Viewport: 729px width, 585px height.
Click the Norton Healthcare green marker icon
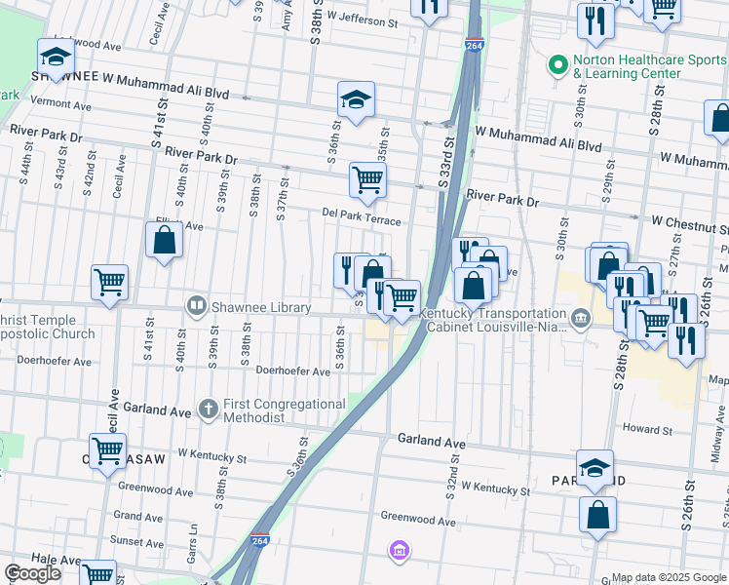pos(558,66)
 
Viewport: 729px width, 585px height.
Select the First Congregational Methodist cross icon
pos(208,409)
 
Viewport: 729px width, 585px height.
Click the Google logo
pos(32,573)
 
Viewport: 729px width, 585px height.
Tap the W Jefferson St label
pos(364,19)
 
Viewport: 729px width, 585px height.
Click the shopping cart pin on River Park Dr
pos(367,179)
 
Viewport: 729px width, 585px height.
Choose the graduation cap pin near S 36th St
pos(357,99)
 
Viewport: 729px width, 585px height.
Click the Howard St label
pos(648,429)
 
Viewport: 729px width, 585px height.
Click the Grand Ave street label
pos(138,515)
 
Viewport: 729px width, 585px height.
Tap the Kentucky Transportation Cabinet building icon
pos(580,319)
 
